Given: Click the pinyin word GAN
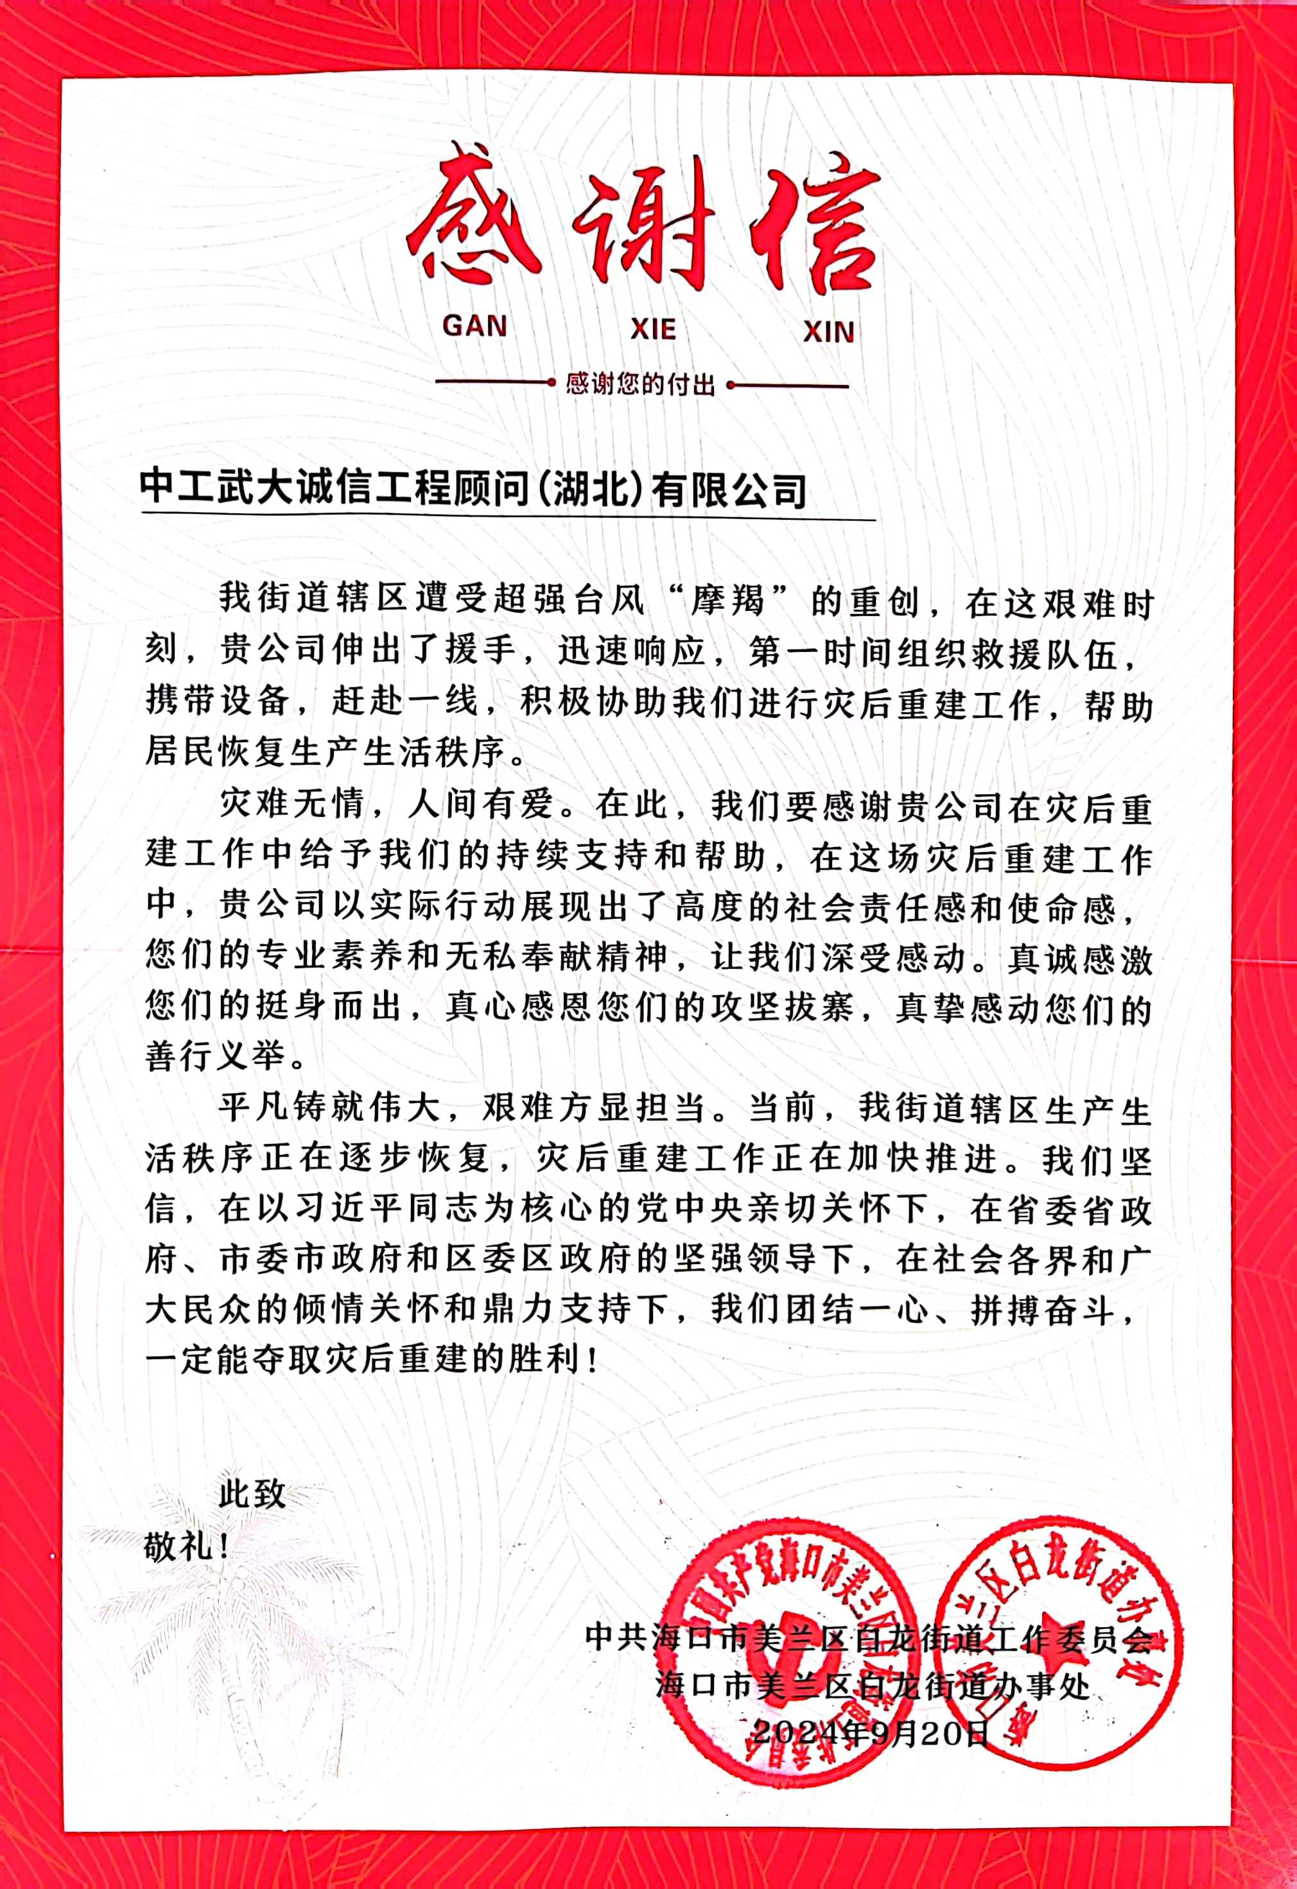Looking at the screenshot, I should pyautogui.click(x=475, y=326).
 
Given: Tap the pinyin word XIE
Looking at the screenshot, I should pyautogui.click(x=653, y=329).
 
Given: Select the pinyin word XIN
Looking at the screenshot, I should pyautogui.click(x=829, y=332).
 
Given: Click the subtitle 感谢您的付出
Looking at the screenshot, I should pyautogui.click(x=641, y=384).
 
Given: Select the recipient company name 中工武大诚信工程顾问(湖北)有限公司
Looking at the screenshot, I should pyautogui.click(x=473, y=490).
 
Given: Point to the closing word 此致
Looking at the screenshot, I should pyautogui.click(x=252, y=1493).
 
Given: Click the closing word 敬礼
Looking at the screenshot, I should pyautogui.click(x=180, y=1545).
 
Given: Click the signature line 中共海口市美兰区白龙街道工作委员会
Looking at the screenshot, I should pyautogui.click(x=869, y=1637).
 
